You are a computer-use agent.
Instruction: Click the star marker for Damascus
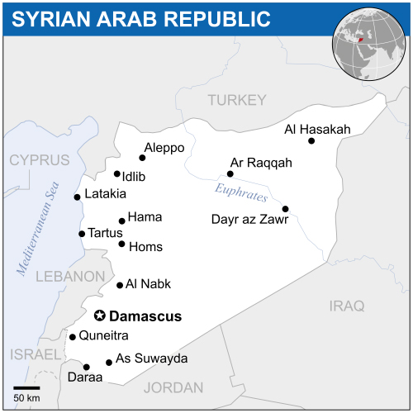click(100, 316)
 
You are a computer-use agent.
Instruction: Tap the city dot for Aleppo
click(142, 157)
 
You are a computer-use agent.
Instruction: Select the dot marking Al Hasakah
click(311, 141)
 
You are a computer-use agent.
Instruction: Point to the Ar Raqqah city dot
click(230, 174)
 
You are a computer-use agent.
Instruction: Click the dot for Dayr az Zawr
click(285, 209)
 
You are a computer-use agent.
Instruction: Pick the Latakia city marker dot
click(77, 197)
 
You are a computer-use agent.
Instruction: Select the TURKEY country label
click(237, 100)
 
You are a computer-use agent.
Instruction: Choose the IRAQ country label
click(346, 306)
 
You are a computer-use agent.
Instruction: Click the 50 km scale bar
click(27, 387)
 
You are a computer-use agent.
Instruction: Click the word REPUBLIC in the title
click(219, 18)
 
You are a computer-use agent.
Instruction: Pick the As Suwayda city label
click(151, 358)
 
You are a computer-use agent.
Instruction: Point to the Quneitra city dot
click(73, 337)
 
